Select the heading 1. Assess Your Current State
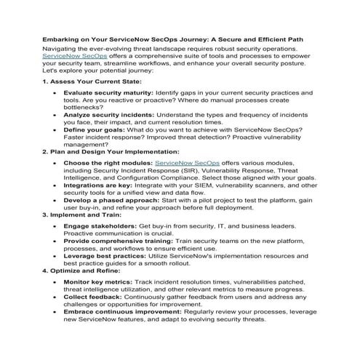click(x=91, y=81)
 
